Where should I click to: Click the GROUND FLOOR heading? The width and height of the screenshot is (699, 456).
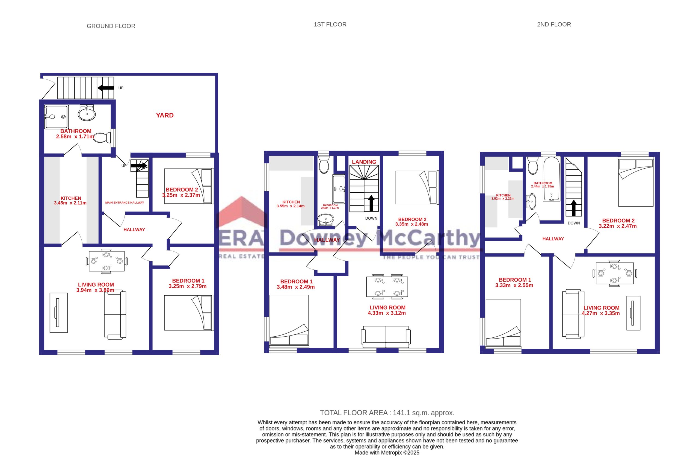pos(111,26)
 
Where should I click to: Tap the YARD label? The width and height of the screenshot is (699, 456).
pos(165,115)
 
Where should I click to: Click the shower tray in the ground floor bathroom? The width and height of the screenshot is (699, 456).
pos(57,117)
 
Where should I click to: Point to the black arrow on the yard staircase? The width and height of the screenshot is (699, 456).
pos(106,87)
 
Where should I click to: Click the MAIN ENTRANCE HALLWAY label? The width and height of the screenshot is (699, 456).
pos(125,202)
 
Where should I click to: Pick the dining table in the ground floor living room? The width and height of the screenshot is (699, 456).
pos(106,261)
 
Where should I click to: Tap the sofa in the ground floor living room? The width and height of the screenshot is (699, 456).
pos(115,315)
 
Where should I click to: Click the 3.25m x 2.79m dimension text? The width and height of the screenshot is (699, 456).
pos(187,286)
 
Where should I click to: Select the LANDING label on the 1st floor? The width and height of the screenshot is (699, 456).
pos(364,162)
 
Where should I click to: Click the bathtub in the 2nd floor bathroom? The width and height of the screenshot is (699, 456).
pos(551,179)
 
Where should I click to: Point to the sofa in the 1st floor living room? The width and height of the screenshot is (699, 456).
pos(386,337)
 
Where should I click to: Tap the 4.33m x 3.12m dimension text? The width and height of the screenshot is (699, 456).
pos(387,313)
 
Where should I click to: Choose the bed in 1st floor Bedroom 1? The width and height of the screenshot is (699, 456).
pos(289,320)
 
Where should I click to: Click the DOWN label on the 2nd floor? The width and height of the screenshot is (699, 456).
pos(574,223)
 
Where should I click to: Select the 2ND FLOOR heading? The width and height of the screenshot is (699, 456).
pos(554,24)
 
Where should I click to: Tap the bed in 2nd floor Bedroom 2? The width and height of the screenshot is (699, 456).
pos(636,182)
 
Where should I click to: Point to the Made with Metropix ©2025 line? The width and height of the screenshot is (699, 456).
pos(387,453)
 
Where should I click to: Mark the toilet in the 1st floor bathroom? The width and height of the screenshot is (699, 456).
pos(324,164)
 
